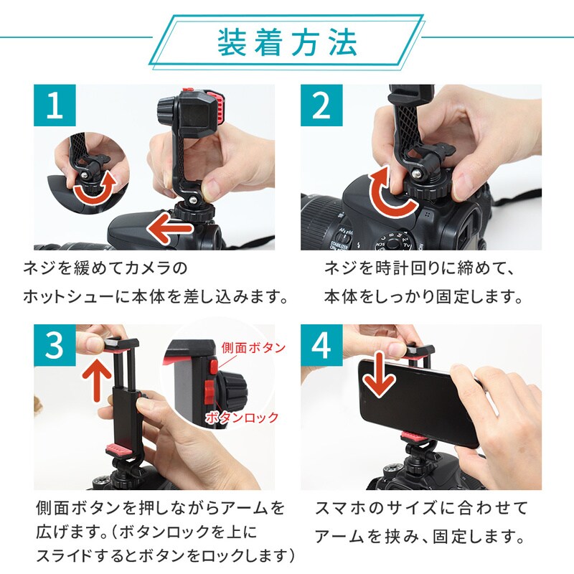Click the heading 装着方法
tap(288, 43)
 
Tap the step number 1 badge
tap(55, 105)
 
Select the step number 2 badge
tap(321, 105)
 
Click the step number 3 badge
tap(55, 345)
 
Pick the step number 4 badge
tap(321, 345)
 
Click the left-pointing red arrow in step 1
tap(169, 229)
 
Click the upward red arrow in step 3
tap(96, 379)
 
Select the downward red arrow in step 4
tap(380, 375)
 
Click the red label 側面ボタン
tap(253, 348)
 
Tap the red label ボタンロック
tap(242, 418)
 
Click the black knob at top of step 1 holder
tap(168, 108)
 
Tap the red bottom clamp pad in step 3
tap(120, 449)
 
